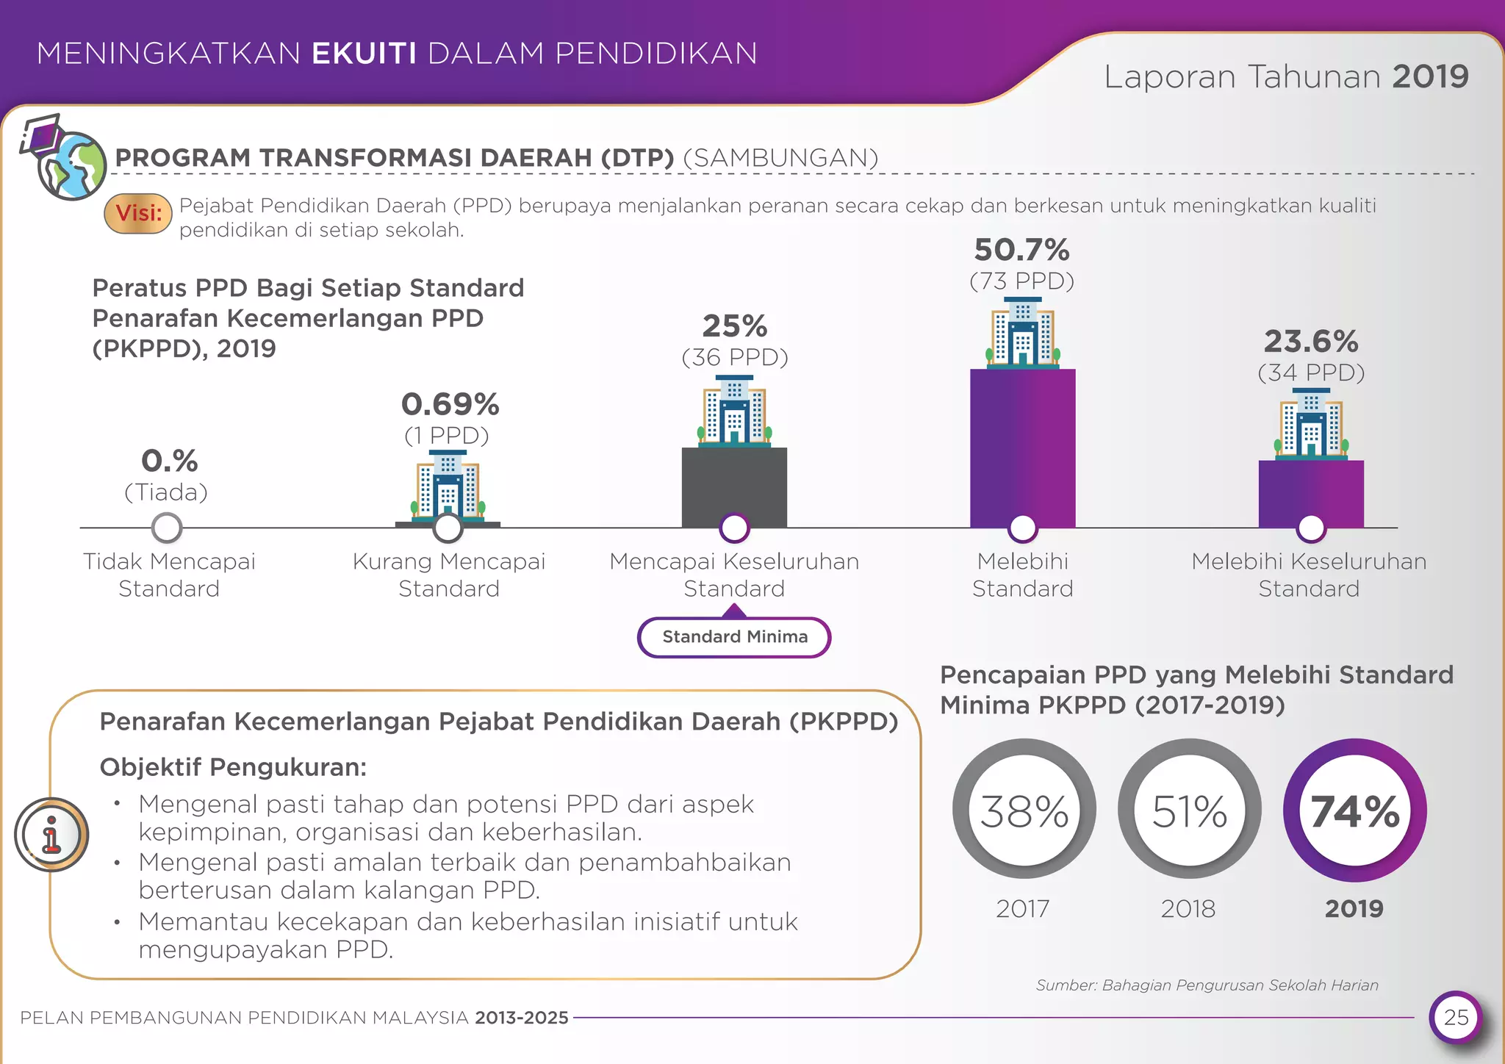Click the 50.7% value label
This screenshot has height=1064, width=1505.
click(1021, 251)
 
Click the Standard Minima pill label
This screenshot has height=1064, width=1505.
click(734, 637)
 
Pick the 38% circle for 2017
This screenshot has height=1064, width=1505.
click(1024, 810)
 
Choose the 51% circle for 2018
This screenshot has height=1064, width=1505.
click(1189, 810)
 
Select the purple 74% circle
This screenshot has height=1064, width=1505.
click(1354, 810)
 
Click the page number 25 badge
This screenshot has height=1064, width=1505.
click(1455, 1018)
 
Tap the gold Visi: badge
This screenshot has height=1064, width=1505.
click(138, 214)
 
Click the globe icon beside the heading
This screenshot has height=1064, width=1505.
click(71, 165)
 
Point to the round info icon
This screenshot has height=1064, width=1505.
click(51, 835)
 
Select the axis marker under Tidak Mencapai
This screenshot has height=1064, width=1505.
click(167, 528)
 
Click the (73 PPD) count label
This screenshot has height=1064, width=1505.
click(1021, 281)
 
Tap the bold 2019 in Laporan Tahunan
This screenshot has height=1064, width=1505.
click(1429, 77)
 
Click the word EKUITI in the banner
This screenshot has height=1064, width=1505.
click(364, 54)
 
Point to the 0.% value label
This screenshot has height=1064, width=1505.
click(169, 461)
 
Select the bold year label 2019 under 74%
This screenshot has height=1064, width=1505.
click(1354, 909)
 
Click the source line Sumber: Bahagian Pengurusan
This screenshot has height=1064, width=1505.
click(1207, 985)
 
